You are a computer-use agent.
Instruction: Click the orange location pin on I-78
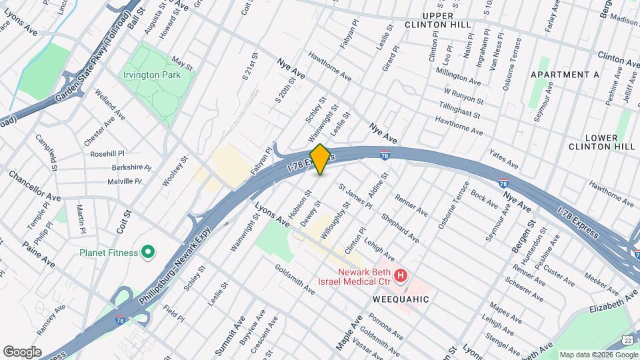tap(320, 159)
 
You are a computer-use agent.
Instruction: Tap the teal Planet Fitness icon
tap(149, 253)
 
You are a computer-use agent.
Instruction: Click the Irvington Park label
tap(152, 75)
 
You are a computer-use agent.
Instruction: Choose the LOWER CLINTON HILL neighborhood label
tap(602, 141)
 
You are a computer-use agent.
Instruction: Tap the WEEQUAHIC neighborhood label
tap(401, 300)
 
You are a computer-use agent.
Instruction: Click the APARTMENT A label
tap(565, 75)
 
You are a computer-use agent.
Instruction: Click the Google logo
tap(22, 351)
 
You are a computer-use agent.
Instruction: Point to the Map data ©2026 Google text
tap(598, 355)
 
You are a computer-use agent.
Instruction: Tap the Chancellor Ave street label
tap(35, 186)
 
